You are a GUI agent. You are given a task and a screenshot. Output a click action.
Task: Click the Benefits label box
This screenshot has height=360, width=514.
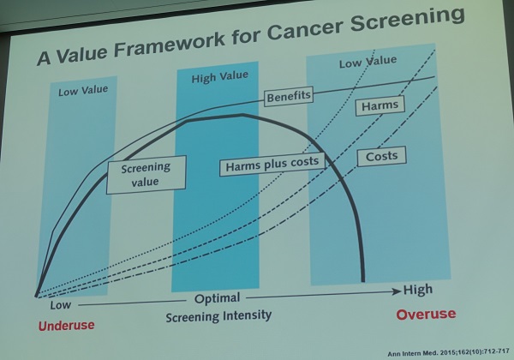[x=289, y=96]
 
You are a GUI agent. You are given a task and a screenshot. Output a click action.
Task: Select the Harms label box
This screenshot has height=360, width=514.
[x=380, y=105]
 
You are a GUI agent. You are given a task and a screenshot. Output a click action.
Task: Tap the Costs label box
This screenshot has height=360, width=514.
[x=381, y=156]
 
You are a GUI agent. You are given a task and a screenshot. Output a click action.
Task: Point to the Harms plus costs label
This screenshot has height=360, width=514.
[x=272, y=164]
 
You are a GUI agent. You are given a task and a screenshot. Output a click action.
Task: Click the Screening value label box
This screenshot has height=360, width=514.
[x=146, y=174]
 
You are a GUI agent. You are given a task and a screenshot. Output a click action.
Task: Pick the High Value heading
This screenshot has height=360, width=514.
[x=219, y=77]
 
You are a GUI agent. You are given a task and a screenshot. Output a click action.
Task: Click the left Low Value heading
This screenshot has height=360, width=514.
[x=83, y=91]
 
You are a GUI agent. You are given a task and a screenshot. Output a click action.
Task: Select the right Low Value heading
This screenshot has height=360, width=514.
[x=368, y=62]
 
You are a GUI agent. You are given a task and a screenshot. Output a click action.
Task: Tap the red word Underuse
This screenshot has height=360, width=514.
[x=67, y=326]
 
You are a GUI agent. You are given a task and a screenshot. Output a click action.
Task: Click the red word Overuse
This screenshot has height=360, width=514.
[x=426, y=314]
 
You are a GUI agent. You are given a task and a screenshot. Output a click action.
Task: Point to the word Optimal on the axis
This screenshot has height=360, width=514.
[x=217, y=298]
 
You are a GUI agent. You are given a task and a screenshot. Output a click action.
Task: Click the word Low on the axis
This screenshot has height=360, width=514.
[x=60, y=305]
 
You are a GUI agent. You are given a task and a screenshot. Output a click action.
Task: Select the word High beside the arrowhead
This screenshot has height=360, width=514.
[x=418, y=290]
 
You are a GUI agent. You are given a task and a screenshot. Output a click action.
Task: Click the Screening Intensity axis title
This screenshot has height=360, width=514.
[x=218, y=316]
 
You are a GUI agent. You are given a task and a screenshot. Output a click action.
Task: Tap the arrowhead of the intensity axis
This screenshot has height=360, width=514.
[x=397, y=291]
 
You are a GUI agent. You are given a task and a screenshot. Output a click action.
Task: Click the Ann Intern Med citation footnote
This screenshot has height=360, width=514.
[x=448, y=353]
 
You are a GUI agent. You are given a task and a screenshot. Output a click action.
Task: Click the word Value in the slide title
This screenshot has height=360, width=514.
[x=81, y=54]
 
